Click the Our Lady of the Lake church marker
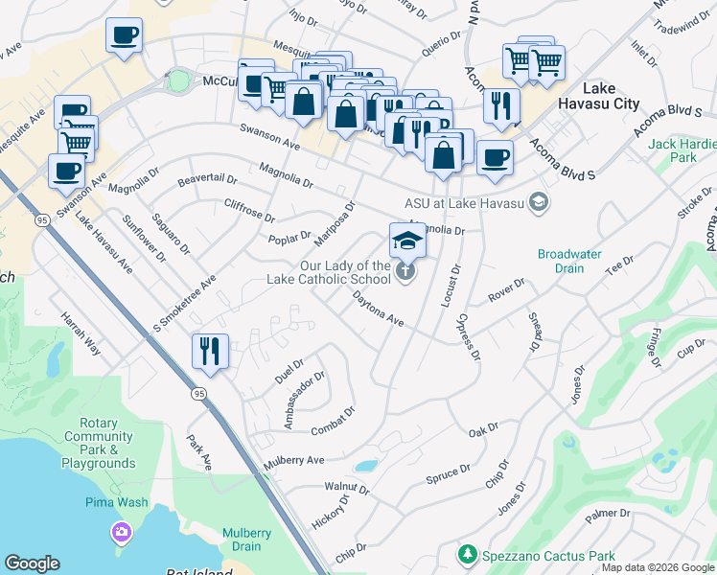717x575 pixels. point(405,273)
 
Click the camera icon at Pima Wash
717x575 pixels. point(121,531)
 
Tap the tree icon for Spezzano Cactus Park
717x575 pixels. point(467,554)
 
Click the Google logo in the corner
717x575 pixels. point(32,563)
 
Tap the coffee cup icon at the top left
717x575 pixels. point(124,35)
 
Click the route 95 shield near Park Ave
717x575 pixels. point(198,394)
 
